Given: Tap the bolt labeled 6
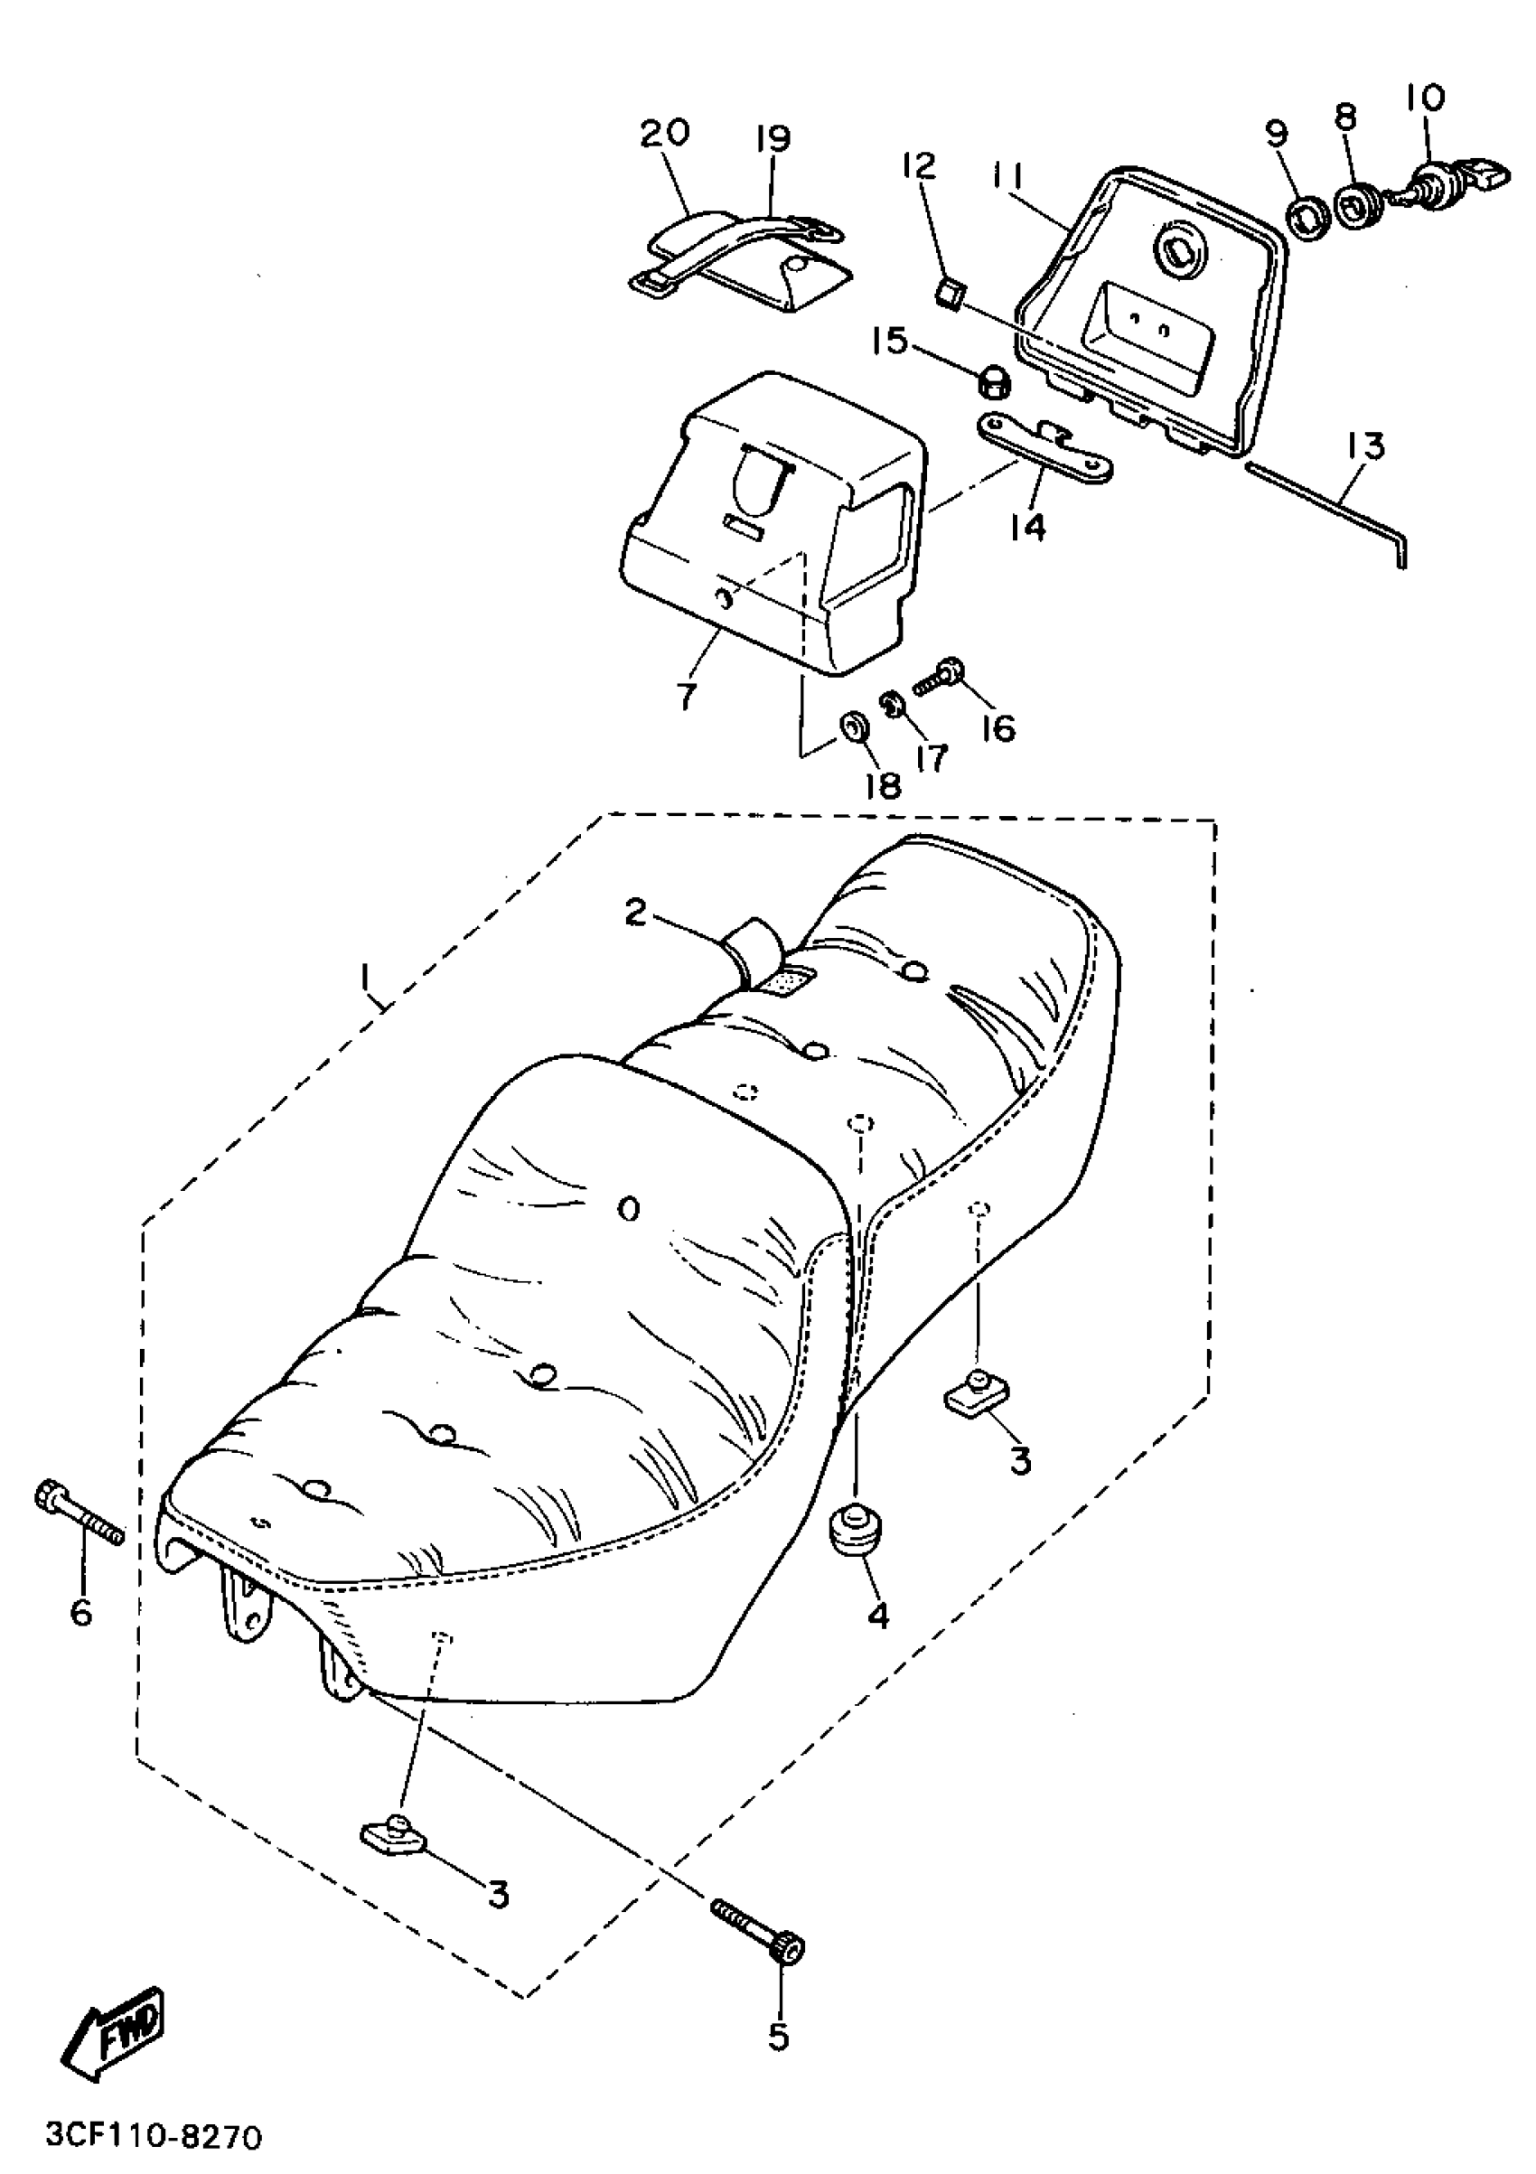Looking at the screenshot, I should [79, 1516].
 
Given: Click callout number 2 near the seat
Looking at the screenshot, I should [635, 912].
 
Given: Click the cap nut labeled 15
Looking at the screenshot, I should [993, 382].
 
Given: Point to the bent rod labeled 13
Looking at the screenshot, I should [1325, 510].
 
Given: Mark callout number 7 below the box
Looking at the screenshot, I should [688, 696].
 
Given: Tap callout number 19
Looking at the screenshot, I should [773, 139].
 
